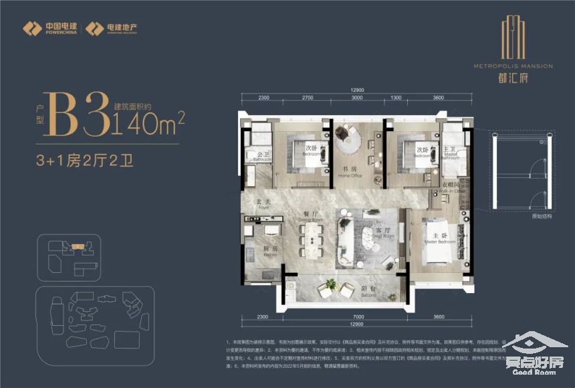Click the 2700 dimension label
tap(307, 98)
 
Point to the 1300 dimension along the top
tap(396, 98)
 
